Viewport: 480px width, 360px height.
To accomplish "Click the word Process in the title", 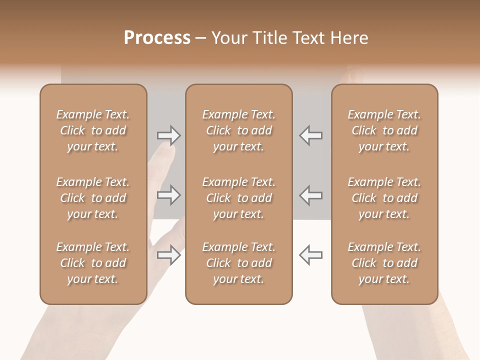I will (x=157, y=38).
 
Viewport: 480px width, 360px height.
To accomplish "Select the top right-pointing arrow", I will (x=169, y=135).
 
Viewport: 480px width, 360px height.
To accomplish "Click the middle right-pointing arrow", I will (x=169, y=195).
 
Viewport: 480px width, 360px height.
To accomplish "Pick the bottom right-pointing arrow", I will (x=169, y=255).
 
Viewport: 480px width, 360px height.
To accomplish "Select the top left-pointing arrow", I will (x=310, y=135).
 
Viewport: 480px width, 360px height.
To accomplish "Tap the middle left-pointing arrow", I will (x=310, y=195).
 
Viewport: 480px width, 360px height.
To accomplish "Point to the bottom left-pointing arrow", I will (x=310, y=255).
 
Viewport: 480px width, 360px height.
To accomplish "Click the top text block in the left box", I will (x=93, y=130).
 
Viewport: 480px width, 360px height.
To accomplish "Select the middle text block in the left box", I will (x=93, y=198).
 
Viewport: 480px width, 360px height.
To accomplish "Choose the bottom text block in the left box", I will (x=93, y=263).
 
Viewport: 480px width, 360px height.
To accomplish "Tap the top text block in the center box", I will (x=239, y=130).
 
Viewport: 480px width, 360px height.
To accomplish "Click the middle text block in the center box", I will (x=239, y=198).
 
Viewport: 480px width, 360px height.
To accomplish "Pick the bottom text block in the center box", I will (x=239, y=263).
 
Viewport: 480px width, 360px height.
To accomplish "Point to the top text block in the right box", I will (x=384, y=130).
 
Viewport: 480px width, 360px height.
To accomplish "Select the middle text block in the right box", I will (x=384, y=198).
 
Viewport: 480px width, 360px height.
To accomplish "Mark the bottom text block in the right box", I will (x=384, y=263).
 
